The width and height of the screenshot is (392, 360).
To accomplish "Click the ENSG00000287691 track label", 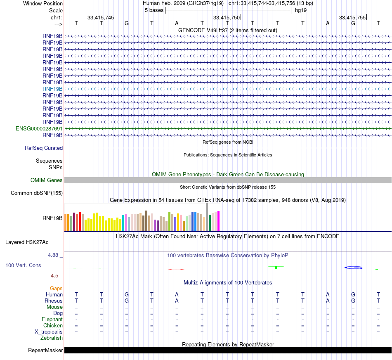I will (39, 128).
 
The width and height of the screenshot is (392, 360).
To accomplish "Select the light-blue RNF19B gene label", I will (52, 89).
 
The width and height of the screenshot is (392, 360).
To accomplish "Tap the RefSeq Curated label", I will (44, 148).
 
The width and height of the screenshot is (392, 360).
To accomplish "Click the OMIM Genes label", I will (47, 180).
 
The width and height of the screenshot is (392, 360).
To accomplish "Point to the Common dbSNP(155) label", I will (37, 193).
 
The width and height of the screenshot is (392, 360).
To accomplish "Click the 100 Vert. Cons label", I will (23, 265).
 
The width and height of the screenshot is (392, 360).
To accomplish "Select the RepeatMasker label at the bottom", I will (45, 351).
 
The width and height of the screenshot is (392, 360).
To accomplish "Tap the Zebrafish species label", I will (52, 338).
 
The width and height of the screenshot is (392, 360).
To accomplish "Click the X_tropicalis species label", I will (49, 332).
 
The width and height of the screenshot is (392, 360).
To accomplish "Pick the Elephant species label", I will (52, 320).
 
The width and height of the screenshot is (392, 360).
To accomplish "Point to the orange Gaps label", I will (56, 288).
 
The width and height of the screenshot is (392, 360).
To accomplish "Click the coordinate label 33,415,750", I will (226, 17).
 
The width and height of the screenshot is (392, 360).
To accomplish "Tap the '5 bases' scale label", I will (154, 10).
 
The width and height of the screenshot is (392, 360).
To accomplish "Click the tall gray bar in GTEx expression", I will (207, 217).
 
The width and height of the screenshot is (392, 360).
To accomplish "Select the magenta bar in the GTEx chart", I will (218, 221).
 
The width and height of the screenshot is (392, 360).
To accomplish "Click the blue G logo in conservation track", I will (354, 268).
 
